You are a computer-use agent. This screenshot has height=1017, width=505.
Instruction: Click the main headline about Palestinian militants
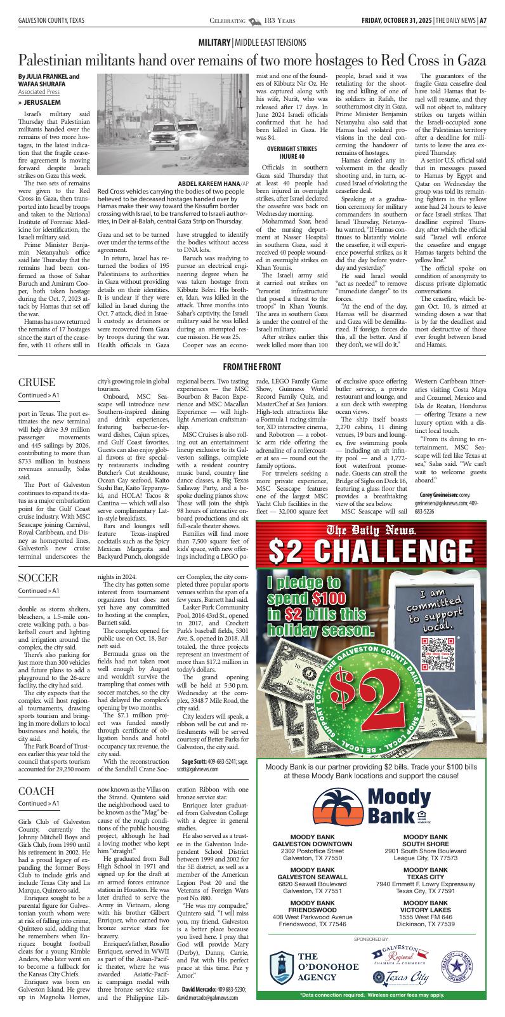(x=252, y=61)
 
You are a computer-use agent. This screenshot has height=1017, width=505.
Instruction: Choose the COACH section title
(x=36, y=791)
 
